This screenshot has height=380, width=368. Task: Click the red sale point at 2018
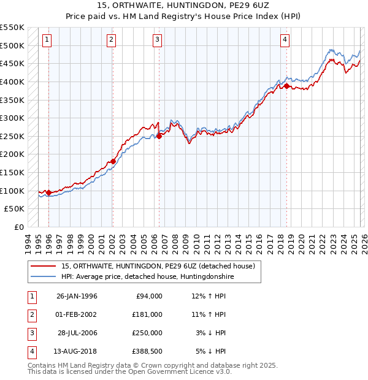pyautogui.click(x=286, y=86)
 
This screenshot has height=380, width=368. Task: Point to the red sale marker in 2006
pyautogui.click(x=159, y=136)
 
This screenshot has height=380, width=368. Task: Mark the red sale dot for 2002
pyautogui.click(x=113, y=162)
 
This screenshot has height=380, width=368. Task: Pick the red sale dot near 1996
pyautogui.click(x=49, y=192)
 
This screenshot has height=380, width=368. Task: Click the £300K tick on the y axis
pyautogui.click(x=12, y=118)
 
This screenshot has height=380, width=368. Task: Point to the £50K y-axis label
pyautogui.click(x=15, y=209)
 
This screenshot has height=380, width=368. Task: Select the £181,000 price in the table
pyautogui.click(x=147, y=314)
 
